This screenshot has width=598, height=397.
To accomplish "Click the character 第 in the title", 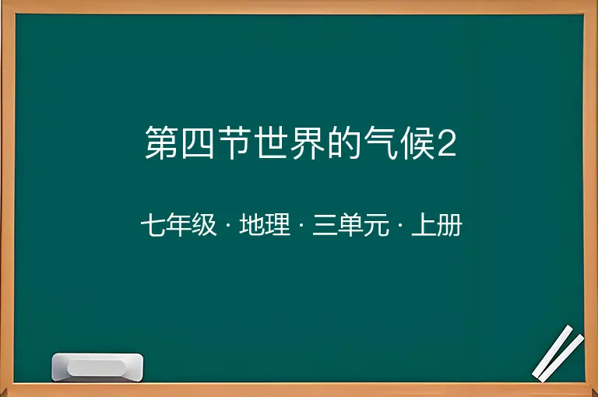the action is coord(161,142).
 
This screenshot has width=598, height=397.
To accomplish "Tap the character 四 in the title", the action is coord(198,142).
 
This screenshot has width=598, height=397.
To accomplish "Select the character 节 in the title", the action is coord(234,142).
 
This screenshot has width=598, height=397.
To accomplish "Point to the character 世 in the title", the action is coord(270,142).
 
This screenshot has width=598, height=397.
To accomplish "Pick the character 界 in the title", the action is coord(307,142).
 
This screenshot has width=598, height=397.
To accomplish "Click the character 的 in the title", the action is coord(343,142).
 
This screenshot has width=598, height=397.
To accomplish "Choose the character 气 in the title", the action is coord(380,142).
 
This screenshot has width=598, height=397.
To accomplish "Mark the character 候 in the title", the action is coord(417,142).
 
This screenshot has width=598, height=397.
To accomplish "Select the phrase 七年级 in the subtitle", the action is coord(178,225).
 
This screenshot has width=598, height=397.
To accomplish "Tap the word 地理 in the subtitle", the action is coord(265,225).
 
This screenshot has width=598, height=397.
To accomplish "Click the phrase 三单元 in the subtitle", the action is coord(351,225).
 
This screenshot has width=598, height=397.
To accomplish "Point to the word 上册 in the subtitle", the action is coord(437,225).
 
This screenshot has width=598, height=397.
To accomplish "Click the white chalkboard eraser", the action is coord(97,367).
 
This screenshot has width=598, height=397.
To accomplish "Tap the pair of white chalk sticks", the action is coord(558,353).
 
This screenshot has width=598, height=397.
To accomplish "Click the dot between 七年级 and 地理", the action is coord(228,225).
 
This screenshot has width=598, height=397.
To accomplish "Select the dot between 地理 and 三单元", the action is coord(301,225).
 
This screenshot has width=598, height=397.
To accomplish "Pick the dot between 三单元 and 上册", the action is coord(400,225).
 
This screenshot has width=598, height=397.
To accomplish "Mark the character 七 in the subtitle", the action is coord(153,225).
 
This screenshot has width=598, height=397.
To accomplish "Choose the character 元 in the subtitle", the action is coord(377,225).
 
